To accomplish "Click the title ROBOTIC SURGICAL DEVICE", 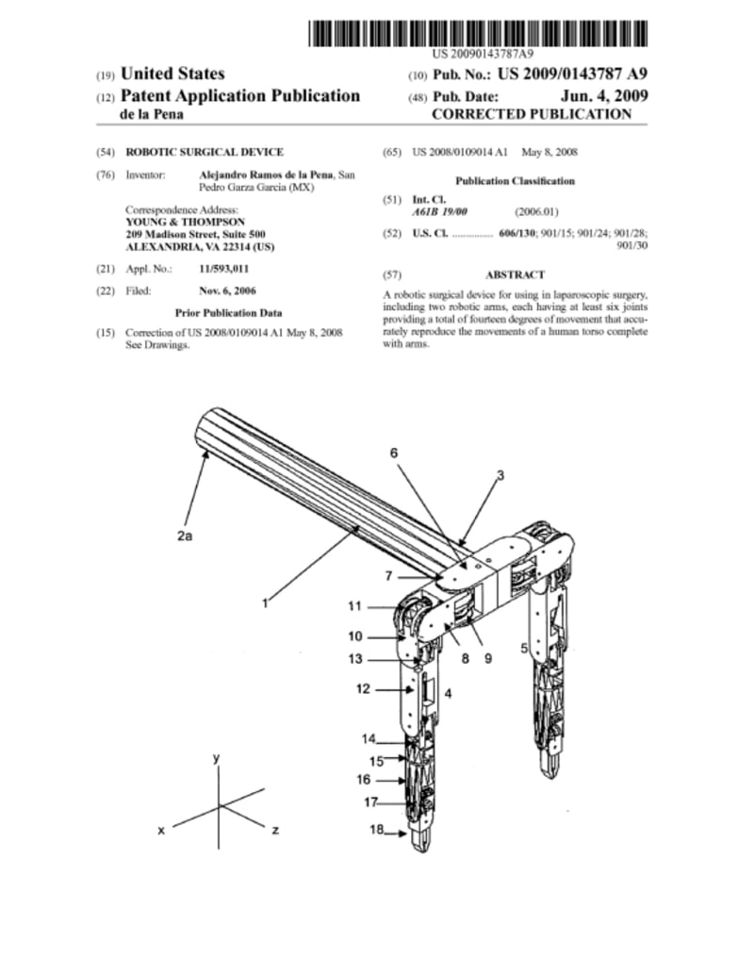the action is click(x=205, y=152).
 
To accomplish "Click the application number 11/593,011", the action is click(x=223, y=269).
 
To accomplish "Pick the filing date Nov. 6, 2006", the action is click(x=227, y=290).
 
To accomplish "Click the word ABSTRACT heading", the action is click(x=515, y=274).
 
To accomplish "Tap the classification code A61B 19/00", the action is click(x=438, y=212).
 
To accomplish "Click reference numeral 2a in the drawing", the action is click(x=184, y=535).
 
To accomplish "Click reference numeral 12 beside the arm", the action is click(x=363, y=689).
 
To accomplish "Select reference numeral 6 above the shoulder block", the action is click(x=394, y=453).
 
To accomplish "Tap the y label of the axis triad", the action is click(x=217, y=757).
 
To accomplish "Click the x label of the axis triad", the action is click(x=162, y=831).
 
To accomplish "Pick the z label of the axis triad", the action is click(x=273, y=831).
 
